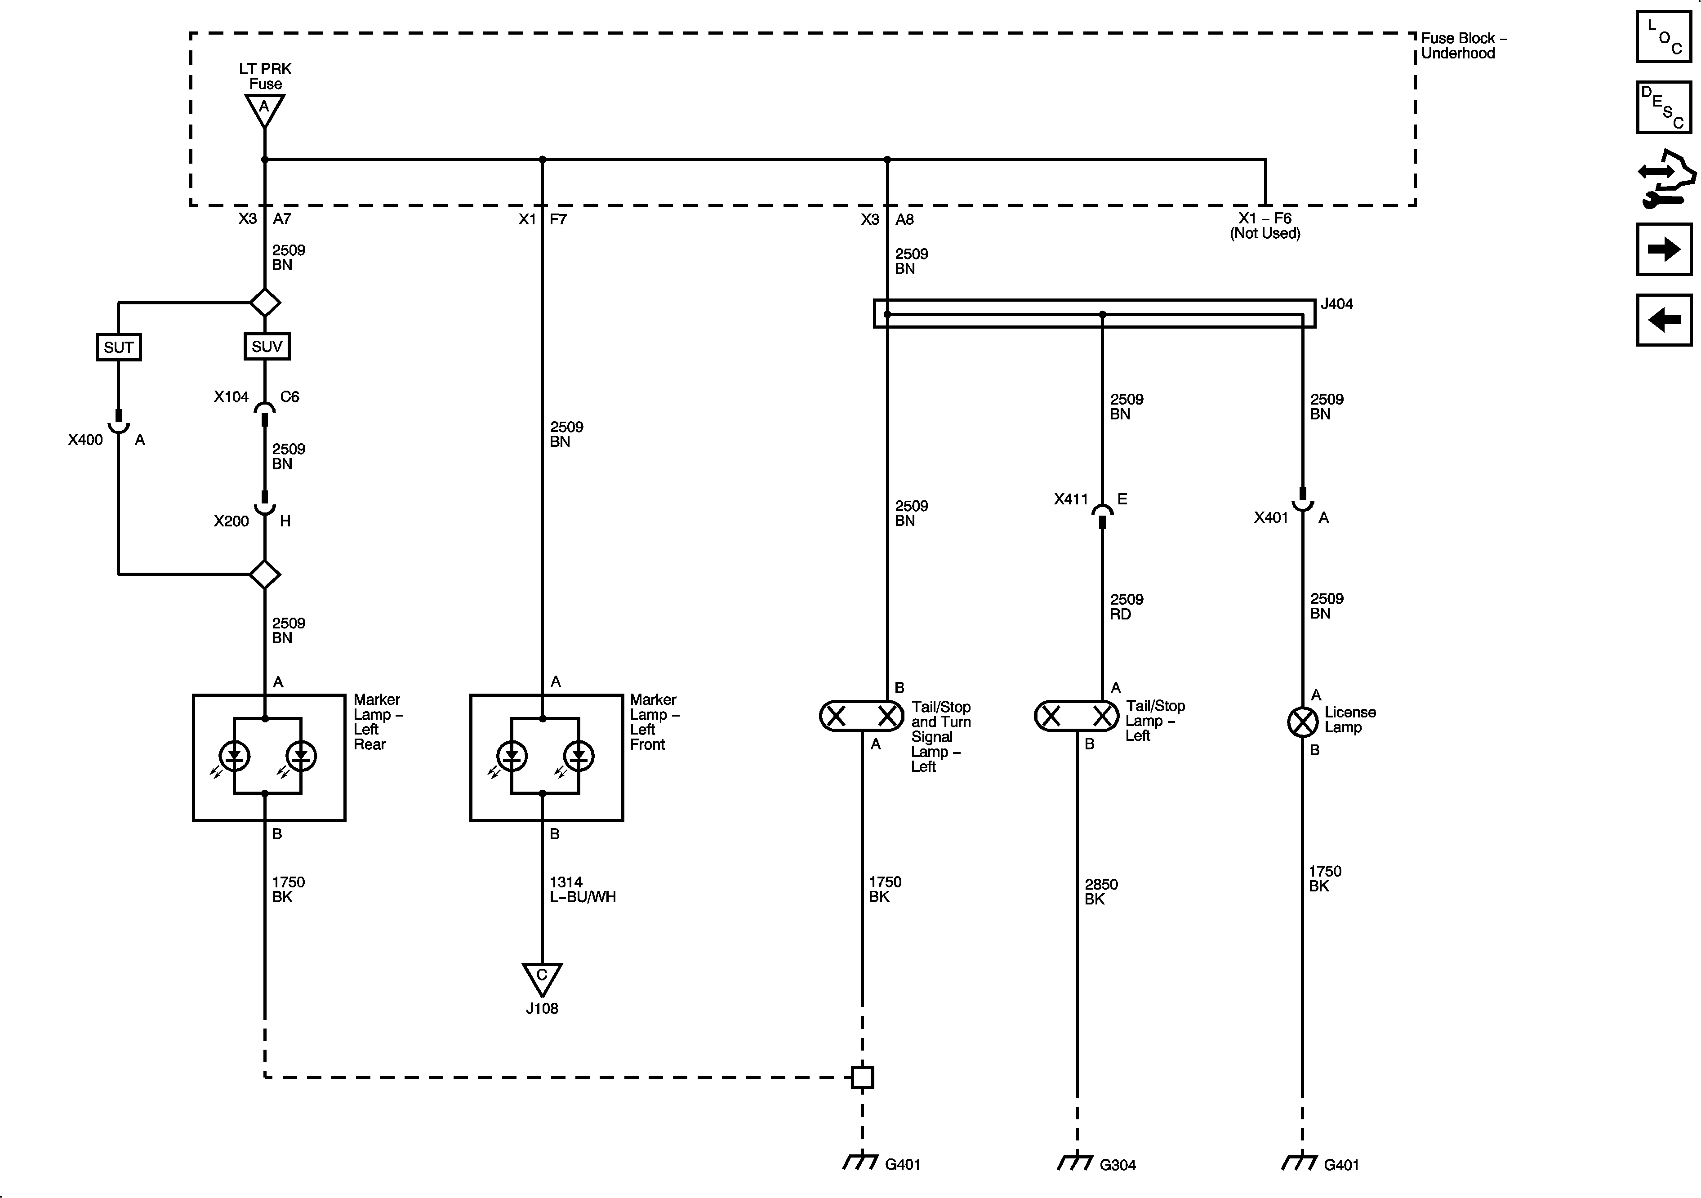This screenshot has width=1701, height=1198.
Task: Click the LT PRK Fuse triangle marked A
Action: click(264, 110)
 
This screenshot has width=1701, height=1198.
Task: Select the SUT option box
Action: click(119, 347)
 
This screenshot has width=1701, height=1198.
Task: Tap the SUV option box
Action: click(267, 346)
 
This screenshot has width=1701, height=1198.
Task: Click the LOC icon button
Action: click(1664, 36)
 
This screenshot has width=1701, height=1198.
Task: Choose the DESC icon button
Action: click(1664, 107)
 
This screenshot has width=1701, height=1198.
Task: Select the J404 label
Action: click(1336, 304)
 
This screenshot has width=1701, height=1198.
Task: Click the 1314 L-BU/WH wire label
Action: click(582, 889)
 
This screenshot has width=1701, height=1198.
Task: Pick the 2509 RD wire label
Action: click(1126, 606)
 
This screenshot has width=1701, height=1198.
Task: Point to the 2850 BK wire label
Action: click(1101, 891)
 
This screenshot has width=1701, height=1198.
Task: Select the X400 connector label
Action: click(85, 440)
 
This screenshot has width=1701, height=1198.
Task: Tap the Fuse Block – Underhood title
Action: click(1463, 45)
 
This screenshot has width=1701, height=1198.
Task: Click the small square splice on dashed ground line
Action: click(862, 1077)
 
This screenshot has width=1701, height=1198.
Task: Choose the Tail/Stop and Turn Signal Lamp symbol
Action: click(862, 716)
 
